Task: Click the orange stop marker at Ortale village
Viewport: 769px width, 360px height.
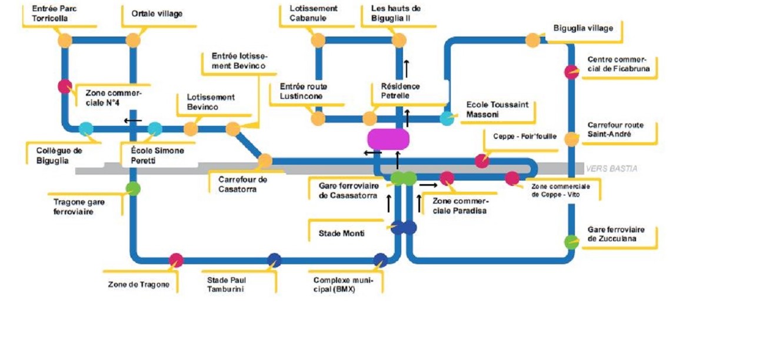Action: [133, 41]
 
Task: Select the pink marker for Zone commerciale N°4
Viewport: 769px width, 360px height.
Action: [65, 86]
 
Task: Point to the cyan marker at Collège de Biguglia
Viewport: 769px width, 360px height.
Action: [86, 129]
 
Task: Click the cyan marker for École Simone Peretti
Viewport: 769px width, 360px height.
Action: [155, 129]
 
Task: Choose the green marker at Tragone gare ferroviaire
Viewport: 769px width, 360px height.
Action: [133, 189]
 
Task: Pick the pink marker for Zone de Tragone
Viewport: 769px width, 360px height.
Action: [176, 260]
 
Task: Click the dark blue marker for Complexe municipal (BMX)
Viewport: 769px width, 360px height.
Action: [380, 260]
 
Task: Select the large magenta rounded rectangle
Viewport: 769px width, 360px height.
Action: [388, 139]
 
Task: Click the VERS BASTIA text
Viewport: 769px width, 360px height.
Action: [611, 169]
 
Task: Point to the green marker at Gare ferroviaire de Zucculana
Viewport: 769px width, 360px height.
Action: [571, 242]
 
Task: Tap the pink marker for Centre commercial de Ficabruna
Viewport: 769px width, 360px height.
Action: [571, 72]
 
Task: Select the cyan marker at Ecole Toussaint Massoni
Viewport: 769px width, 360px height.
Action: [447, 118]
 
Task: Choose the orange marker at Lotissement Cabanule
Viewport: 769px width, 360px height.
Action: [318, 41]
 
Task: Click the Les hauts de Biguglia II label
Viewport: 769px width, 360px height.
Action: [396, 14]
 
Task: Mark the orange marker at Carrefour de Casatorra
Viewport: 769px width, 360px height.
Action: [265, 160]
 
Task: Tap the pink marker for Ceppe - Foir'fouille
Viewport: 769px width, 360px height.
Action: [482, 161]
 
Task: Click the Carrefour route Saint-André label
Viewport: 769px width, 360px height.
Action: [615, 130]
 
